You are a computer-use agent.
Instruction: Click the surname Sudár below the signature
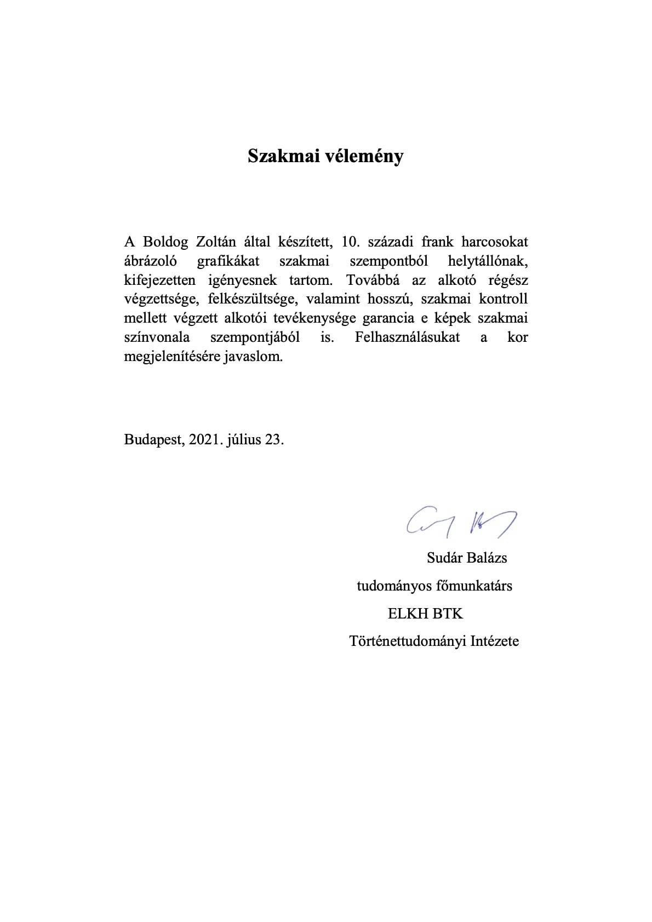click(x=445, y=558)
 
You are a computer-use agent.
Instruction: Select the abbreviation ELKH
click(x=405, y=614)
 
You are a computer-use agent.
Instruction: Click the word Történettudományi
click(x=408, y=641)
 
